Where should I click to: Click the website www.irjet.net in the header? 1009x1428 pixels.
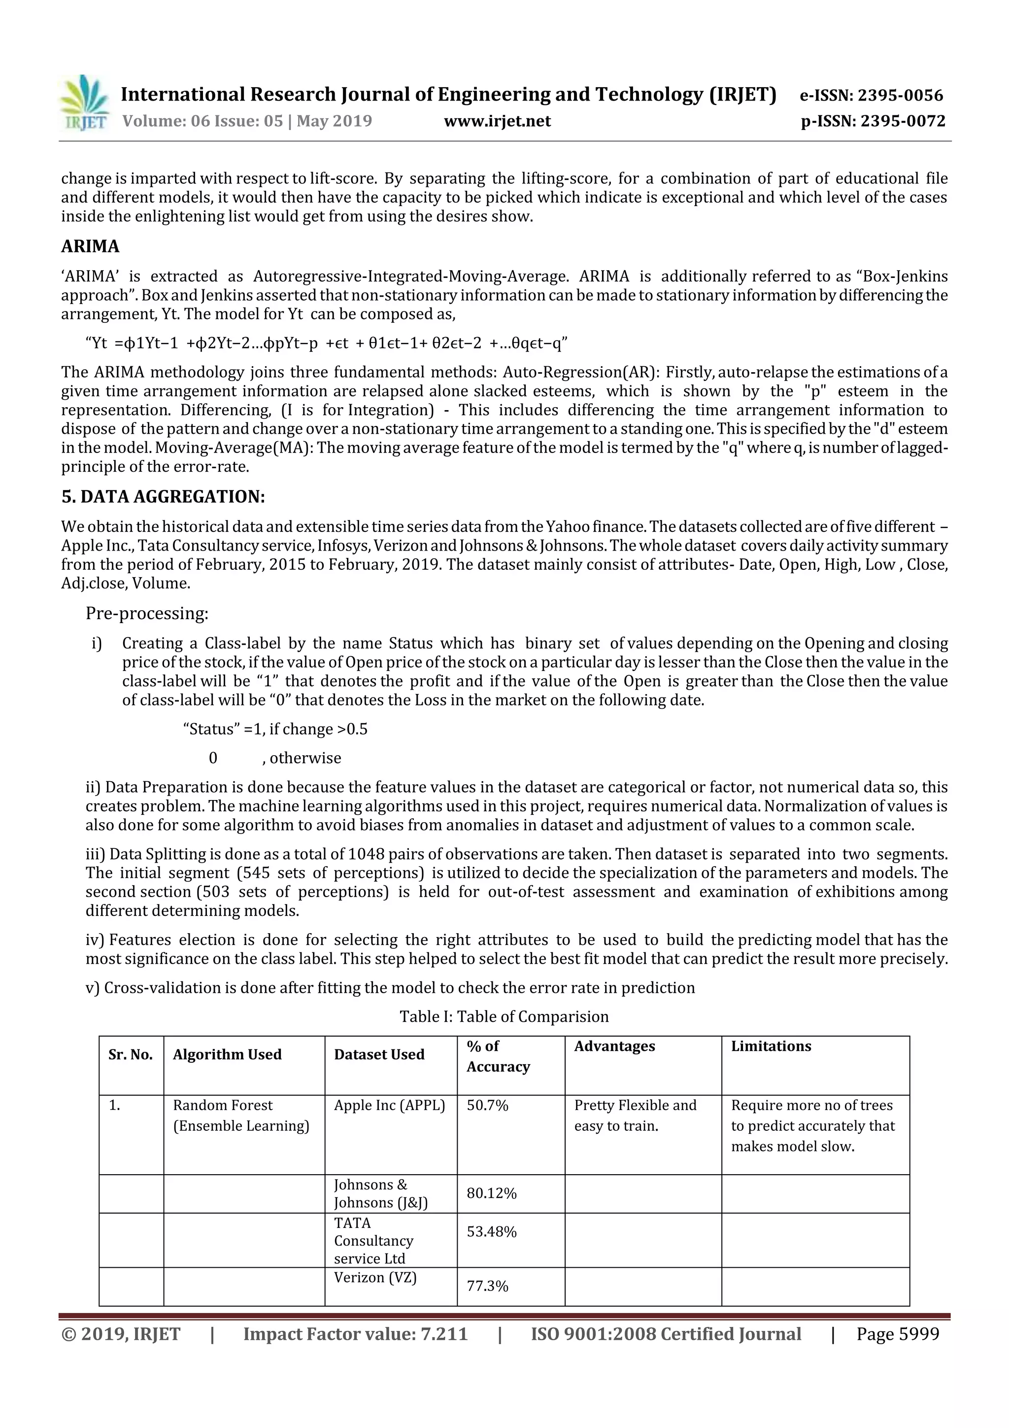(x=497, y=121)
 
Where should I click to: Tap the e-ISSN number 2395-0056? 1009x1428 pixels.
(x=900, y=95)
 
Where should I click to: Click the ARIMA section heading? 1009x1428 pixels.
(x=90, y=246)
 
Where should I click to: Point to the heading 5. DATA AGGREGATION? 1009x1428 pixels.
(x=163, y=496)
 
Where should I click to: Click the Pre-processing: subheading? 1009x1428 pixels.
(x=147, y=613)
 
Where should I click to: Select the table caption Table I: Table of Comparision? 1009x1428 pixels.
(x=504, y=1016)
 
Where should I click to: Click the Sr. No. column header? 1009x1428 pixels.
(x=131, y=1054)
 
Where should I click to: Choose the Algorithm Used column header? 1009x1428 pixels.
(x=227, y=1054)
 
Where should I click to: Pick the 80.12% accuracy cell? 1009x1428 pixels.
(x=491, y=1193)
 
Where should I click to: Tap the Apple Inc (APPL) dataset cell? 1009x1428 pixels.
(x=389, y=1105)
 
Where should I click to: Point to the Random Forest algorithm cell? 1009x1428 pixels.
(x=240, y=1115)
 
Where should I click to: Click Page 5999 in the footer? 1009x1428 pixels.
(x=897, y=1333)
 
